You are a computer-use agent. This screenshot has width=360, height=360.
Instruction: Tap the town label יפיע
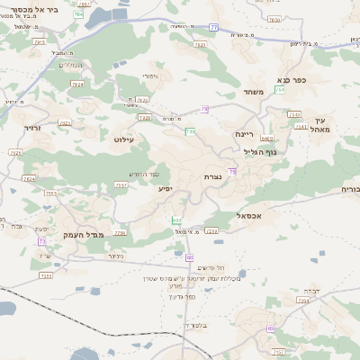click(x=166, y=188)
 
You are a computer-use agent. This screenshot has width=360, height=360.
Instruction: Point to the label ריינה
click(x=246, y=133)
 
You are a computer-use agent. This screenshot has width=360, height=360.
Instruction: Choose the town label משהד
click(x=252, y=92)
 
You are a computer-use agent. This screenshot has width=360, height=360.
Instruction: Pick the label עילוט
click(x=123, y=139)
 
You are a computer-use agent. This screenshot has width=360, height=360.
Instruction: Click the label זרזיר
click(x=32, y=129)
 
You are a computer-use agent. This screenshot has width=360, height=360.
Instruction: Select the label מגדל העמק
click(x=85, y=234)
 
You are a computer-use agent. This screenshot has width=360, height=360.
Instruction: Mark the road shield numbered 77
click(x=213, y=28)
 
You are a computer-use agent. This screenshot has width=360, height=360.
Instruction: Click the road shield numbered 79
click(x=205, y=109)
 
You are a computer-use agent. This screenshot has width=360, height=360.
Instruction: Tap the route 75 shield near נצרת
click(x=232, y=171)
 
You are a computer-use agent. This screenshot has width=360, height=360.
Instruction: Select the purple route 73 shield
click(x=41, y=242)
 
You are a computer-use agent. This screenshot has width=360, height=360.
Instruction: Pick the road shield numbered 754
click(x=280, y=90)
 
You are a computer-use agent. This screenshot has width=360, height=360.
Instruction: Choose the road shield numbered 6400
click(x=266, y=139)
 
